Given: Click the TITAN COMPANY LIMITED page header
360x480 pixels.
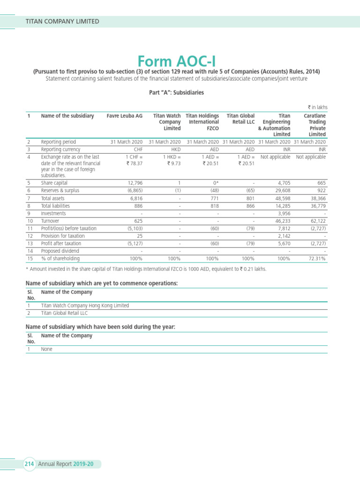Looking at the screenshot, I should [62, 21].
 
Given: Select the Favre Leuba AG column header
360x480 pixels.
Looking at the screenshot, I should [124, 116].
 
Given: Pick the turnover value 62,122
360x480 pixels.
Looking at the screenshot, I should [317, 221].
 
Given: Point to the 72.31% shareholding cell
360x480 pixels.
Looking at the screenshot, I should [316, 258].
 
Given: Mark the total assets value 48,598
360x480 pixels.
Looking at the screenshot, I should [281, 198].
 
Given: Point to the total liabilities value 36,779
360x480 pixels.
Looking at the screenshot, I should [317, 206].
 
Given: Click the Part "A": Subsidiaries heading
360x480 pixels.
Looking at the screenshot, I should [176, 93].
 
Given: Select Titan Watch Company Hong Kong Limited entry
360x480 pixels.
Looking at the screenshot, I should [85, 305].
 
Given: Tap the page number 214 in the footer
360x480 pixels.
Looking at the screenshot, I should [30, 464].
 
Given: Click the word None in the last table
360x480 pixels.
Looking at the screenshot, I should [46, 349].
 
